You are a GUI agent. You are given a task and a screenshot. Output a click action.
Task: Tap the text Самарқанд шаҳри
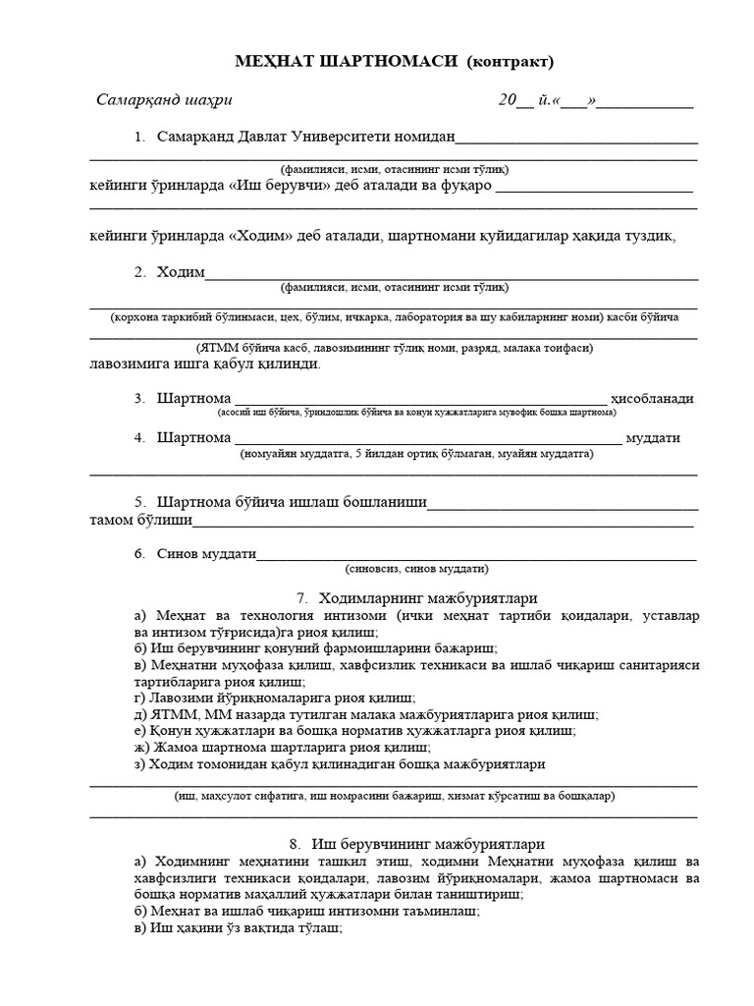point(164,100)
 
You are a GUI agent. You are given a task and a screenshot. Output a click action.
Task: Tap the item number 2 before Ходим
point(140,272)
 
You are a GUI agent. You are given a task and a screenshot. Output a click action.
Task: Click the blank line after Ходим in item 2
point(452,274)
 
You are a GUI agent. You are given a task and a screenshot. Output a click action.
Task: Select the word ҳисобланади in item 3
point(653,399)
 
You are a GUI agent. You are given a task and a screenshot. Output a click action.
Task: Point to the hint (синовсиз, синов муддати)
point(416,569)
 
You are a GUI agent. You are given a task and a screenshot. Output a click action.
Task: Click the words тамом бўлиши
point(140,520)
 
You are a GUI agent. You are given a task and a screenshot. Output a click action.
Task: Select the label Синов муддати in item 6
point(206,554)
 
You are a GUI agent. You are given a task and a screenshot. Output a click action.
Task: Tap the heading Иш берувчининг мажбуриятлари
point(428,844)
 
